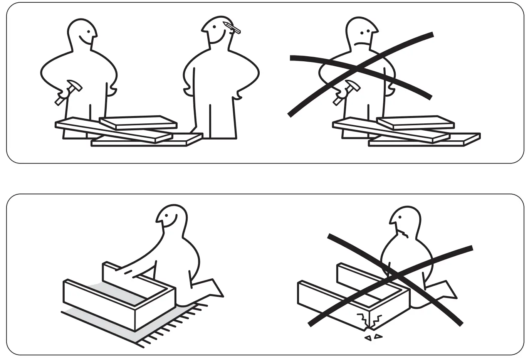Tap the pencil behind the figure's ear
pyautogui.click(x=232, y=28)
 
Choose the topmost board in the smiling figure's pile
pyautogui.click(x=138, y=122)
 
